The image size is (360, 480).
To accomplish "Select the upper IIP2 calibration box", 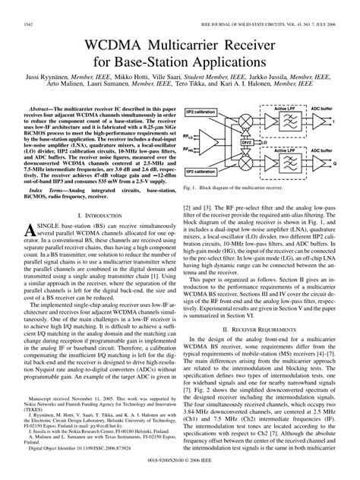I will coord(216,112).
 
